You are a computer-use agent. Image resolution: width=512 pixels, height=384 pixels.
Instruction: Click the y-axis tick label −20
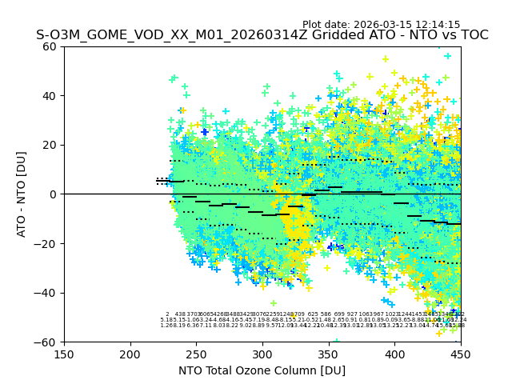pos(48,244)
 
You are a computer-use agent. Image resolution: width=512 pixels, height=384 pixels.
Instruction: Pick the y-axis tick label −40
pos(48,293)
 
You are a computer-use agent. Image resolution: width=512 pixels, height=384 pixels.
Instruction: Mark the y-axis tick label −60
pos(48,342)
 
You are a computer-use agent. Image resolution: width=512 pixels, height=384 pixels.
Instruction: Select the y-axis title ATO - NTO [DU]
pos(22,194)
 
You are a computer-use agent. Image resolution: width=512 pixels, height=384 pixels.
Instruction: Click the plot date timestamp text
pos(381,25)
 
